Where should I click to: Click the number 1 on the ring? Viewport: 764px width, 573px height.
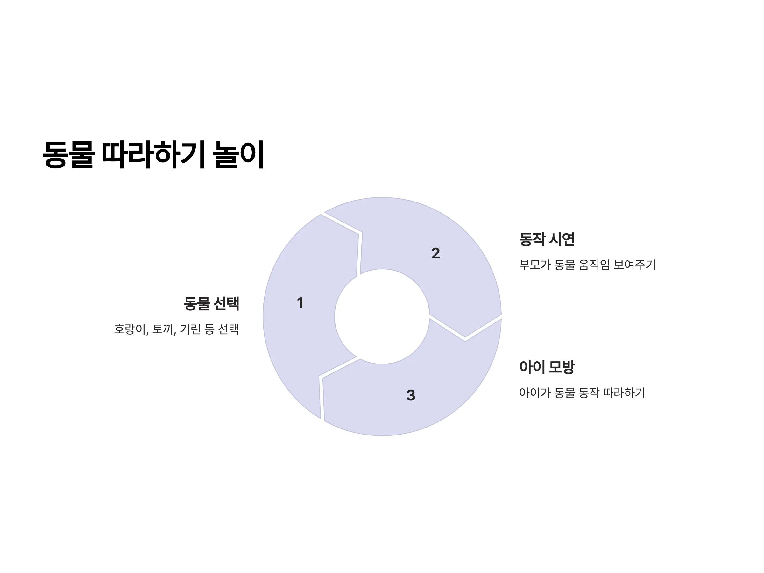300,303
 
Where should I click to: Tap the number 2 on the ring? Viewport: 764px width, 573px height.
435,253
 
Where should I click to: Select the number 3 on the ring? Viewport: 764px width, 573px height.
411,395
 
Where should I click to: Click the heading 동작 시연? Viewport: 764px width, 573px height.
547,239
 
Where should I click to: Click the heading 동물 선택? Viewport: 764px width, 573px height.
211,304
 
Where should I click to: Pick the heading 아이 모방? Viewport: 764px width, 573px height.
547,367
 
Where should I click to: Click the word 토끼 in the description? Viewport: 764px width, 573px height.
164,329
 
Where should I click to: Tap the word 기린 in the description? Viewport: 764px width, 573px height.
190,329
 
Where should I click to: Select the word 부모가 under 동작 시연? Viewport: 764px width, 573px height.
535,265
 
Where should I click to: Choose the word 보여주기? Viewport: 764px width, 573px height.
634,265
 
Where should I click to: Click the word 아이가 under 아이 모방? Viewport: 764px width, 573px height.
535,393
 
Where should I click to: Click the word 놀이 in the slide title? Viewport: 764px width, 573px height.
238,154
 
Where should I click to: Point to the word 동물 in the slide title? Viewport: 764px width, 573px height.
68,154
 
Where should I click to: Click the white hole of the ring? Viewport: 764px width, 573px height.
382,316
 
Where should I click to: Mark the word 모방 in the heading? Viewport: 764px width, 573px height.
562,367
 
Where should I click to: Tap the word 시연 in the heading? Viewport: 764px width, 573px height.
562,239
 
